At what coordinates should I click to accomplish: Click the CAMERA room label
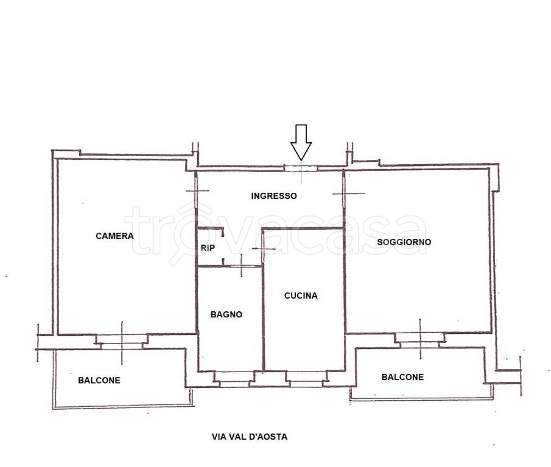tap(114, 236)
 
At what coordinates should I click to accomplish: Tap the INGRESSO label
tap(274, 196)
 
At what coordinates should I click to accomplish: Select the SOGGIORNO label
tap(404, 242)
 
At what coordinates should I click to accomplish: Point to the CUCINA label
tap(301, 296)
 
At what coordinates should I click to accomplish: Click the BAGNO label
tap(226, 314)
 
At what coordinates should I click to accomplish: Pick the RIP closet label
tap(208, 248)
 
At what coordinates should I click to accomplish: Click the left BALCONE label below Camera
tap(99, 380)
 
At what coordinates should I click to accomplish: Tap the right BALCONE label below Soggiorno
tap(402, 377)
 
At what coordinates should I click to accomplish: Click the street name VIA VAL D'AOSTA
tap(250, 437)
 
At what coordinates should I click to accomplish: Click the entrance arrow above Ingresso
tap(301, 142)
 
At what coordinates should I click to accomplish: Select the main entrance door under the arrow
tap(301, 169)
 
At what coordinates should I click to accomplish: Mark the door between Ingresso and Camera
tap(195, 191)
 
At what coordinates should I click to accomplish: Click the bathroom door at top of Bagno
tap(242, 266)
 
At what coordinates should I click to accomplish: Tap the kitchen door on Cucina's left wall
tap(264, 249)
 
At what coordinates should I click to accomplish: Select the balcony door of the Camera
tap(122, 342)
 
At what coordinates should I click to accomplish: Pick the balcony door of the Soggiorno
tap(420, 340)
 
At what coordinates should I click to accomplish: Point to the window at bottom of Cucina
tap(306, 379)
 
